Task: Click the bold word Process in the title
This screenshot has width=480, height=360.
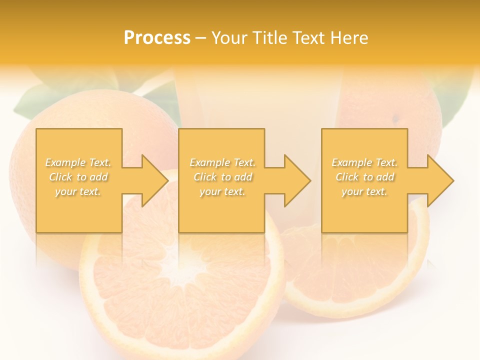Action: [x=157, y=38]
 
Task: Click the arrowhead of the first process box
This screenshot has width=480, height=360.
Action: [x=155, y=180]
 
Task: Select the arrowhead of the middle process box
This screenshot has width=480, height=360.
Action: [x=297, y=180]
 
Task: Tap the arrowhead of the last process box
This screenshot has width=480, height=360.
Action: [x=440, y=180]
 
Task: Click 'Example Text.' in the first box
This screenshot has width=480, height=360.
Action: [x=78, y=162]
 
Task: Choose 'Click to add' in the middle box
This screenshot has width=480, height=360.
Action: [x=222, y=177]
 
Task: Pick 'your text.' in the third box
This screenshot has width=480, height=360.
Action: [x=364, y=191]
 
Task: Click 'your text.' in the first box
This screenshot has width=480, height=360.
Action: [x=78, y=191]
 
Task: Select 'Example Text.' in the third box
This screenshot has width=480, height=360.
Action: [x=364, y=162]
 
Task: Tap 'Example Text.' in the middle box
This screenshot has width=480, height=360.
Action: [x=222, y=162]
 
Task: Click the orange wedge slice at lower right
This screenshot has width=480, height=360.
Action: [x=360, y=280]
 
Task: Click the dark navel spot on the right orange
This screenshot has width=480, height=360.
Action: [x=396, y=119]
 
